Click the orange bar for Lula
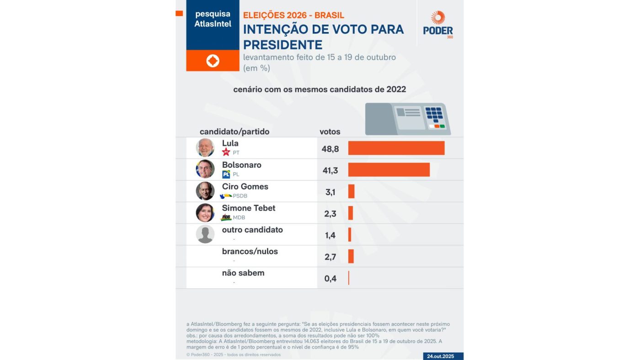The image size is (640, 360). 396,148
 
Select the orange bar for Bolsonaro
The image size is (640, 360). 389,169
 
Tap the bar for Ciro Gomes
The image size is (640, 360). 351,191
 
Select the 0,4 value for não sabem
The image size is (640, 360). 330,278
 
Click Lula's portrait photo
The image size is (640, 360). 205,148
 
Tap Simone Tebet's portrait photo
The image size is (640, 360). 205,212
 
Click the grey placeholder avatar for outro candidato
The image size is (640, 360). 205,234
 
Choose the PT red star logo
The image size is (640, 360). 226,153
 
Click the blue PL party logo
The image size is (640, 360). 226,174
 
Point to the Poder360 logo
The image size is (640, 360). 438,25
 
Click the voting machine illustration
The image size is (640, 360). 407,119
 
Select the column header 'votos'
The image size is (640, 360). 330,132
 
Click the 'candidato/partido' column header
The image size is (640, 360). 235,132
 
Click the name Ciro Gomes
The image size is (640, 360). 245,186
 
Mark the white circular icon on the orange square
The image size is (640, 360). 213,61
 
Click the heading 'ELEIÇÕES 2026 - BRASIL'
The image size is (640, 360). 293,16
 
